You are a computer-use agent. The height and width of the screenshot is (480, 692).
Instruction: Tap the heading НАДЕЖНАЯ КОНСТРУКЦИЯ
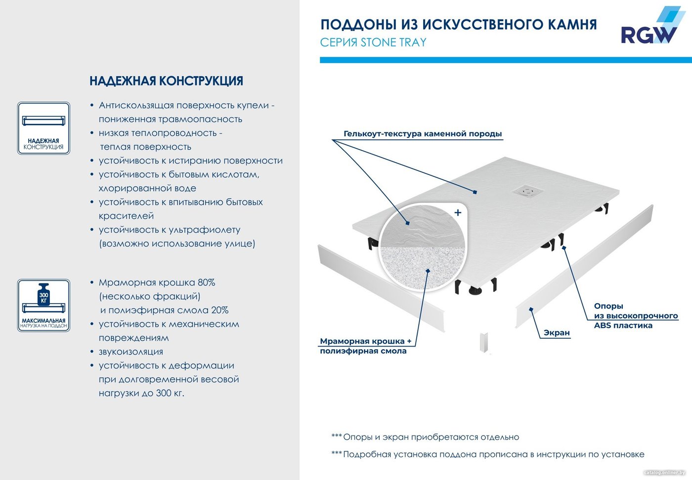point(166,81)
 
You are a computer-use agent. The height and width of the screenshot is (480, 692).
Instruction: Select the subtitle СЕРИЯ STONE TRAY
point(373,42)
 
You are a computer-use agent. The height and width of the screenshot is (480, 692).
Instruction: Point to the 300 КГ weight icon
point(43,295)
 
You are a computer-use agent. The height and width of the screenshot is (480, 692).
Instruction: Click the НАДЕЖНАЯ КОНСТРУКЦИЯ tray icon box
point(43,128)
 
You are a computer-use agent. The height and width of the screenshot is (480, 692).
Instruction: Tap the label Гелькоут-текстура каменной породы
point(423,134)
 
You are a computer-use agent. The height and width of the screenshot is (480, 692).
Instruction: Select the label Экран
point(557,333)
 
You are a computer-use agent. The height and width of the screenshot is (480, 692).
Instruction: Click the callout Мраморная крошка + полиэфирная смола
point(366,346)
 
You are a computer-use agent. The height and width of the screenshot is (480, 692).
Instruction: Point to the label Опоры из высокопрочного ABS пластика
point(636,316)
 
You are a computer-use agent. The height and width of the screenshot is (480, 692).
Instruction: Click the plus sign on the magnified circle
point(458,212)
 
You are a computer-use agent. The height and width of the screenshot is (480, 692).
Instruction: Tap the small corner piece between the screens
point(484,342)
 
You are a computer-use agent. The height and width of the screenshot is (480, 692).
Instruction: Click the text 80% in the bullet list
point(207,282)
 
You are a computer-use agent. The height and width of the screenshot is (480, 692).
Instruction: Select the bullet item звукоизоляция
point(130,352)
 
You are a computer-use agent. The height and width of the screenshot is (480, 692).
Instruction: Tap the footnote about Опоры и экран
point(425,437)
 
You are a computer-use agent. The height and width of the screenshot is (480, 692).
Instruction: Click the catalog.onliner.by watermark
point(664,473)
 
